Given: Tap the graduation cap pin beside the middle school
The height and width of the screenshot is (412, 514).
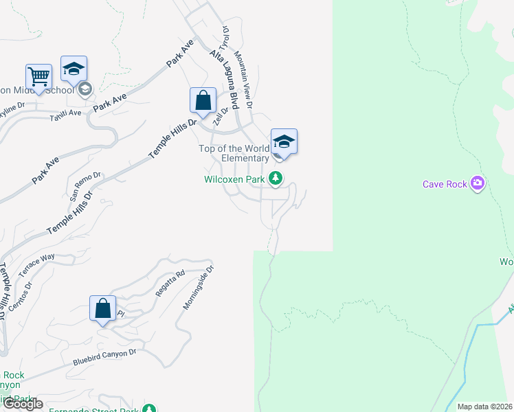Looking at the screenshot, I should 74,69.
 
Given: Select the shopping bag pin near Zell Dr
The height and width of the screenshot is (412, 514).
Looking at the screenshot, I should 203,100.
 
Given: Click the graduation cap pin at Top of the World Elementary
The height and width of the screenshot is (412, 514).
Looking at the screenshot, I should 284,141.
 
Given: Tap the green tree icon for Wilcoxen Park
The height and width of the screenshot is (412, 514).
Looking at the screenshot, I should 276,179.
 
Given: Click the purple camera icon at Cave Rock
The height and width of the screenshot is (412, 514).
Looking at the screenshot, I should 478,183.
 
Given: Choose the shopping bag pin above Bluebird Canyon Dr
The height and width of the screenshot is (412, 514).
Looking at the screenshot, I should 103,308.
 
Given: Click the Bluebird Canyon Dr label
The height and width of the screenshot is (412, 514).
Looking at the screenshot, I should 105,356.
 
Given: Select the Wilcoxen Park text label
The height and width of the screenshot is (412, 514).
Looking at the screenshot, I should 234,179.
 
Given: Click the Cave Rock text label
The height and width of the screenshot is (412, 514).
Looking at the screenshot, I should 445,183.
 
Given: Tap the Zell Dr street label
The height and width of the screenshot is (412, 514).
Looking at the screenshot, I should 220,116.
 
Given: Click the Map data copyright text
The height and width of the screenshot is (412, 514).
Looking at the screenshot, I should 476,407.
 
